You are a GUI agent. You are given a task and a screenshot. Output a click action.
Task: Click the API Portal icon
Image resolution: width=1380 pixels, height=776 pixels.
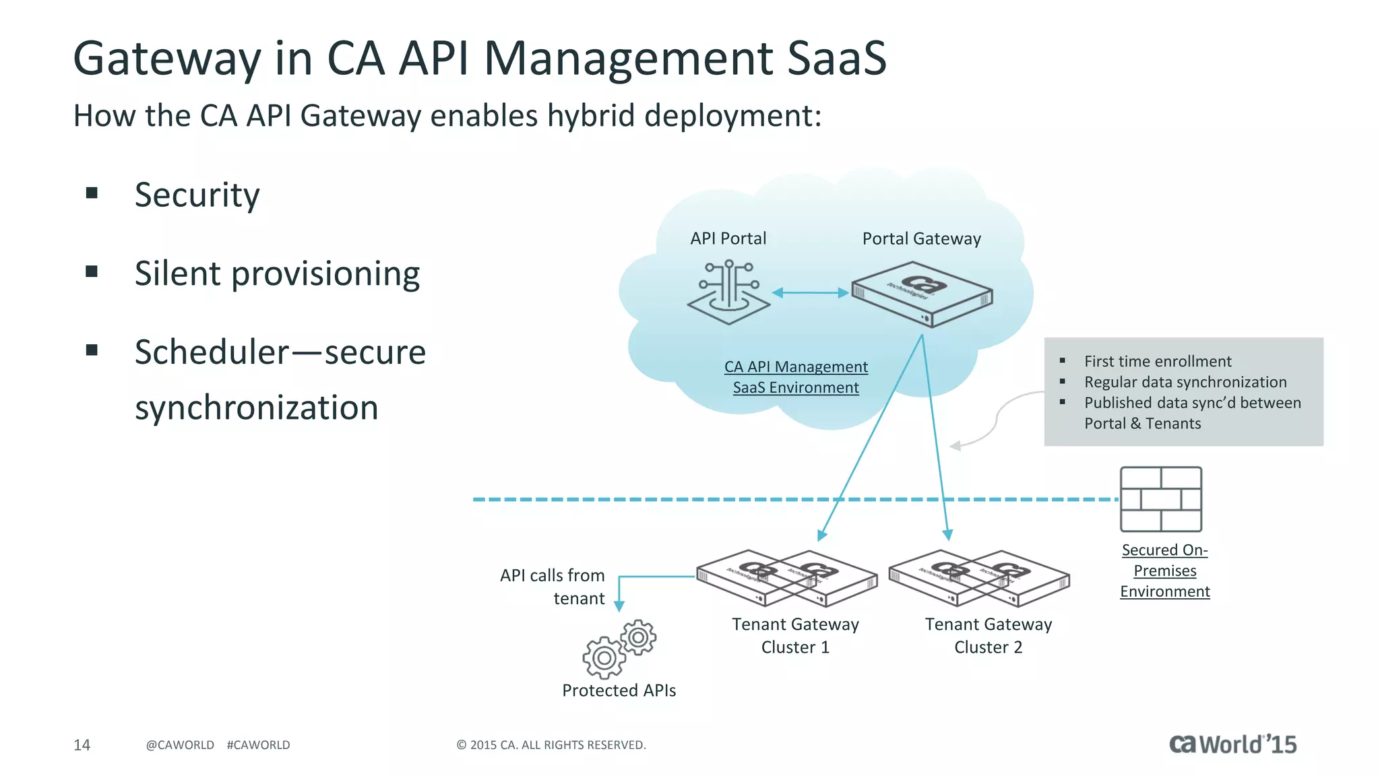728,293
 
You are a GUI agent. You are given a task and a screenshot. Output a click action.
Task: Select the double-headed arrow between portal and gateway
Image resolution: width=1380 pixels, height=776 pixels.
810,292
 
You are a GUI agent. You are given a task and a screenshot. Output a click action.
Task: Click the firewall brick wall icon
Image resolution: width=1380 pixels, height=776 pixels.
1160,499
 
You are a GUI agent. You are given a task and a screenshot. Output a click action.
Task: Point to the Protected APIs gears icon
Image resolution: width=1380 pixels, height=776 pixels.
619,649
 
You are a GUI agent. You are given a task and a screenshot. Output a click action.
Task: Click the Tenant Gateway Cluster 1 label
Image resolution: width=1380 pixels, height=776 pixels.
795,635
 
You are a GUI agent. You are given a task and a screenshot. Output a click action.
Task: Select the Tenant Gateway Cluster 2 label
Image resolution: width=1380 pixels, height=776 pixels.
988,635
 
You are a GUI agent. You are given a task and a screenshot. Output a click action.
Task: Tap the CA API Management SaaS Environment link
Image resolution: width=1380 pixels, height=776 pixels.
796,377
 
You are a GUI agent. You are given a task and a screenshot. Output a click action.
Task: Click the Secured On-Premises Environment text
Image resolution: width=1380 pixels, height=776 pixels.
1164,571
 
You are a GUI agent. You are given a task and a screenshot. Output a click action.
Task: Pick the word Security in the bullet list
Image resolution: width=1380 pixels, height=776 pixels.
197,195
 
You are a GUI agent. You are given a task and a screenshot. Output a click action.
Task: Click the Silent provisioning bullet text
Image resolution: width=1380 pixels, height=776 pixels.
277,274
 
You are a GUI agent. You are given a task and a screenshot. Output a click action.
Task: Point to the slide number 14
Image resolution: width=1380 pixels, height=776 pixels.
82,744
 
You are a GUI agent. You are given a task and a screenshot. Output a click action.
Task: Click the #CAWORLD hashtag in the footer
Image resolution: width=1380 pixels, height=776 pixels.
258,745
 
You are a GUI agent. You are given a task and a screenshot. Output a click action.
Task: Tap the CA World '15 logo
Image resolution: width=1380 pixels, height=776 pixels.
1232,744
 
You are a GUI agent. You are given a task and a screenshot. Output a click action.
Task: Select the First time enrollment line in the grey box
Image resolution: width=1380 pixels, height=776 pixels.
1157,362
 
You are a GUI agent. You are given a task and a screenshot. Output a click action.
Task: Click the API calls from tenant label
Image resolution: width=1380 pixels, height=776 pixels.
553,586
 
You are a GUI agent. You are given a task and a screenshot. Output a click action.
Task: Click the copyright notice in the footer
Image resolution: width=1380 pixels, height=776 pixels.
551,745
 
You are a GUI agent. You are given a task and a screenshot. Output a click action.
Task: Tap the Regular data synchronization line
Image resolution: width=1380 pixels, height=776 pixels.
1185,383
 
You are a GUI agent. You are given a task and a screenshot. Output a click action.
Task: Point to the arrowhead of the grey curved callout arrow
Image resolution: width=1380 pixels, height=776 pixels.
955,446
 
